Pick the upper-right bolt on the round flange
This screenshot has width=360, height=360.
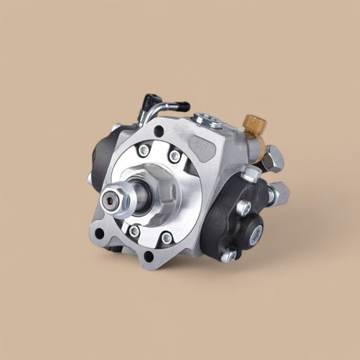tap(175, 155)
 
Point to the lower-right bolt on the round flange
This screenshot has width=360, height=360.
tap(167, 238)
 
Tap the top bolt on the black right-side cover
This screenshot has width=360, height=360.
tap(243, 207)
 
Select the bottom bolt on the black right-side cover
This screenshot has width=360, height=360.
tap(229, 254)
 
